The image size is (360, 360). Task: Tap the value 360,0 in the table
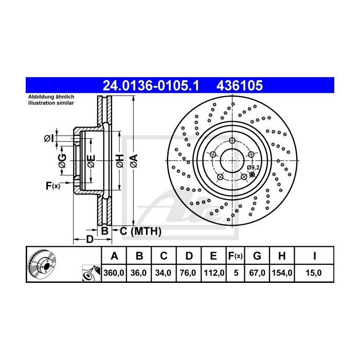[115, 274]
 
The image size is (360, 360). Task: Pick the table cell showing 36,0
[139, 274]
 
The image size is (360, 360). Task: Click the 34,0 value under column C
[164, 274]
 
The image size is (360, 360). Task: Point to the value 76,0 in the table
[189, 274]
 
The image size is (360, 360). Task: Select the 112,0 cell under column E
[213, 274]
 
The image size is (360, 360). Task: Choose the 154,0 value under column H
[282, 274]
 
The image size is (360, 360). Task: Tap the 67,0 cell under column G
[258, 274]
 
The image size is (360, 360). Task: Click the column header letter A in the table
[115, 256]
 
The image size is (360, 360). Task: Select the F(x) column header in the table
[236, 256]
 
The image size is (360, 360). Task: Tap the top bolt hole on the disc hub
[232, 141]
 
